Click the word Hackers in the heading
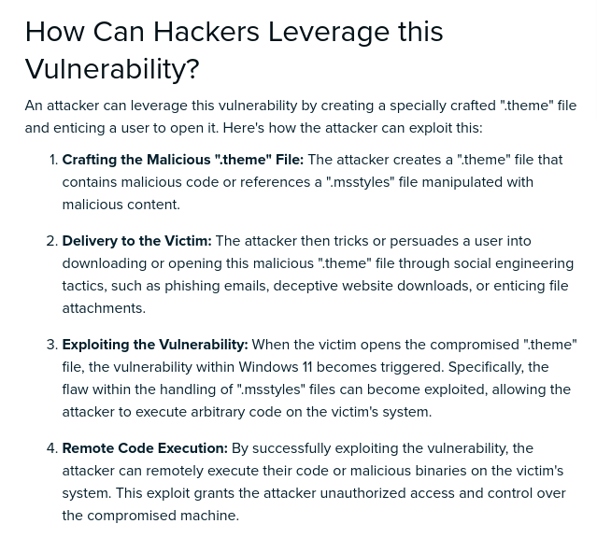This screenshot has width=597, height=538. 206,32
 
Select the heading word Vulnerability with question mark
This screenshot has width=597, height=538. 112,69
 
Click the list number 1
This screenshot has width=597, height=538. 52,160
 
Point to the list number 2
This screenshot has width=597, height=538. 51,241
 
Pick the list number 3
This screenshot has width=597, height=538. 51,345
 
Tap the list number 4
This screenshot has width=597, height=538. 51,448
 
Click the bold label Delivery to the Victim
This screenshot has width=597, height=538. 136,241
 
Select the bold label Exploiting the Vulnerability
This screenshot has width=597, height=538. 155,345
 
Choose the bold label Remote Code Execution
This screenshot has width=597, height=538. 145,448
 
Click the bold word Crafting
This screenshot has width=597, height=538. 91,160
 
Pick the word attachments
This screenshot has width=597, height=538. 103,308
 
